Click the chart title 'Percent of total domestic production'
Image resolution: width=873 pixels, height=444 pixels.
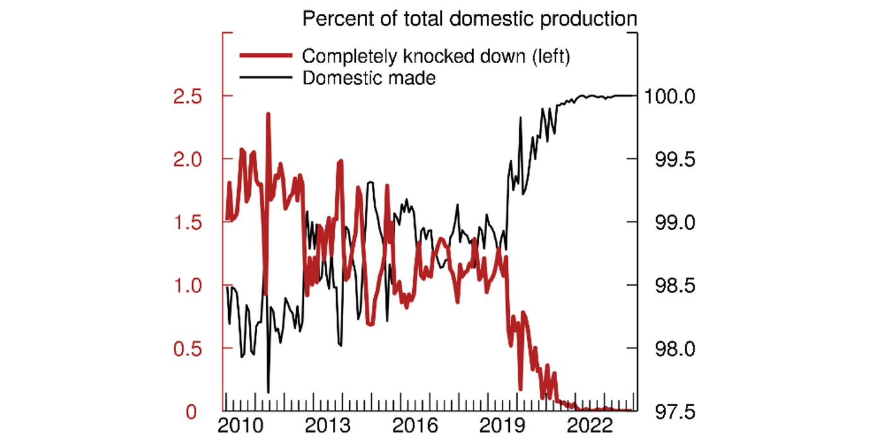coord(470,18)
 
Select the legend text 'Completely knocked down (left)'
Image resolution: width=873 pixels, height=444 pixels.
coord(436,56)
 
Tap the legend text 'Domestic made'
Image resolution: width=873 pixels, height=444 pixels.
coord(369,78)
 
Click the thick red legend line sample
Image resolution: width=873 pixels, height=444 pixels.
coord(265,56)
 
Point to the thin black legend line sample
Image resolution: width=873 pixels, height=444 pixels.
coord(265,78)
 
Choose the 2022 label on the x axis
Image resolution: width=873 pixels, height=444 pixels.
coord(593,426)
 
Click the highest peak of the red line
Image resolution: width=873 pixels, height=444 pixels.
coord(268,114)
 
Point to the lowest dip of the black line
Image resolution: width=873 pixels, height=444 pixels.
coord(268,392)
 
